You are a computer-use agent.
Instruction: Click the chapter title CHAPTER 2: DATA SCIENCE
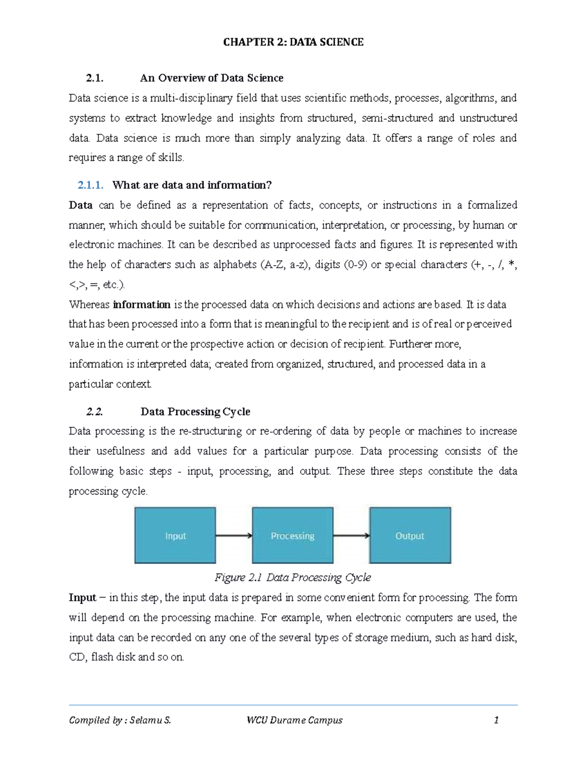tap(293, 42)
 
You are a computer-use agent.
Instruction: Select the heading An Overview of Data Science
tap(211, 78)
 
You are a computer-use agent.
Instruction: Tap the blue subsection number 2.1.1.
tap(90, 185)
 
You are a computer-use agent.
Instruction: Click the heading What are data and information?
tap(192, 185)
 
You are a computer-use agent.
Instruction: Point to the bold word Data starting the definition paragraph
tap(81, 205)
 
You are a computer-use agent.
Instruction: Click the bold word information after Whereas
tap(141, 305)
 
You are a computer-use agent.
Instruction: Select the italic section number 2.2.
tap(94, 412)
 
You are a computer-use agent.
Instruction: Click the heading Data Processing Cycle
tap(195, 412)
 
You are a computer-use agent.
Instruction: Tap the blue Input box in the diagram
tap(175, 535)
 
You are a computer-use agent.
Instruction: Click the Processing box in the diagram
tap(293, 535)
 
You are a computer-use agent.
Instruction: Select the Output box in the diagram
tap(410, 535)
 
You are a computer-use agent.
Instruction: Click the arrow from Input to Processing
tap(234, 535)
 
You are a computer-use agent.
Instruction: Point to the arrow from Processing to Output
tap(351, 535)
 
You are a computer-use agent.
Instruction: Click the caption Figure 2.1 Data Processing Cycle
tap(293, 578)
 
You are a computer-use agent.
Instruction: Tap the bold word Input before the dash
tap(83, 598)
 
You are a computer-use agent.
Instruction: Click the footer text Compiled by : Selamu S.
tap(120, 720)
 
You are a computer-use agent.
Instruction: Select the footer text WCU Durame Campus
tap(294, 720)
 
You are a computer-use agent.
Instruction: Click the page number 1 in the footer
tap(496, 720)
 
